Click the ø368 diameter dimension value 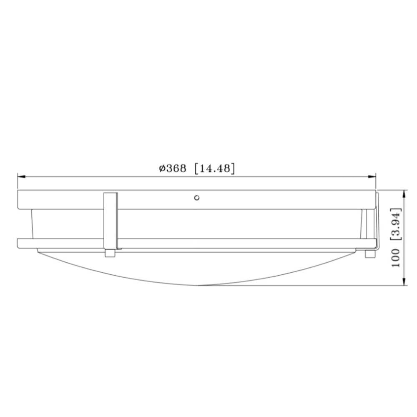coord(173,168)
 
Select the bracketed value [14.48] coord(215,168)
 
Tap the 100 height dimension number coord(396,258)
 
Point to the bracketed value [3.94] coord(395,224)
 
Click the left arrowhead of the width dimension coord(21,176)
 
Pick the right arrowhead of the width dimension coord(372,176)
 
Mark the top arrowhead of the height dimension coord(404,194)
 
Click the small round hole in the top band coord(197,198)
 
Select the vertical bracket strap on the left coord(111,221)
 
